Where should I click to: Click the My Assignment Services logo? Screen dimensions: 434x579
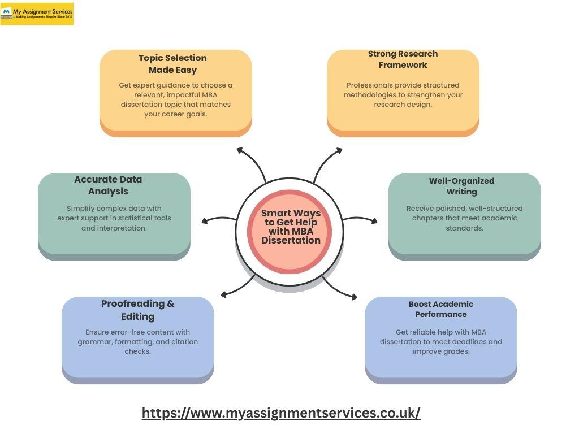tap(37, 14)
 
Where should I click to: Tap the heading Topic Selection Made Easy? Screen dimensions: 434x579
tap(172, 64)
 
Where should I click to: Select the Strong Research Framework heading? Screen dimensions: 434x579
tap(403, 59)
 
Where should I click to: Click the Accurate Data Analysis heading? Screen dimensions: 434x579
tap(108, 185)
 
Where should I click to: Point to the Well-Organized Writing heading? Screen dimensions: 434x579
tap(461, 186)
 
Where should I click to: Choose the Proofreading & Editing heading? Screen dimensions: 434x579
tap(137, 310)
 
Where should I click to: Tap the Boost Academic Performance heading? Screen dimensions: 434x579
tap(441, 309)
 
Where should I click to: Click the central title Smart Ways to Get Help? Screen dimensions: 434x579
tap(291, 227)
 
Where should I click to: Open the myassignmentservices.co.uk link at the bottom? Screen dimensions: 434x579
tap(281, 413)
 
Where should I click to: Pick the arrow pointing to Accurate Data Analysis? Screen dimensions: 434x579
tap(218, 220)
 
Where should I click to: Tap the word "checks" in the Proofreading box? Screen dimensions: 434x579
tap(137, 351)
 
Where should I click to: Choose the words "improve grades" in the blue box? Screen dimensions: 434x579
tap(441, 351)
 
